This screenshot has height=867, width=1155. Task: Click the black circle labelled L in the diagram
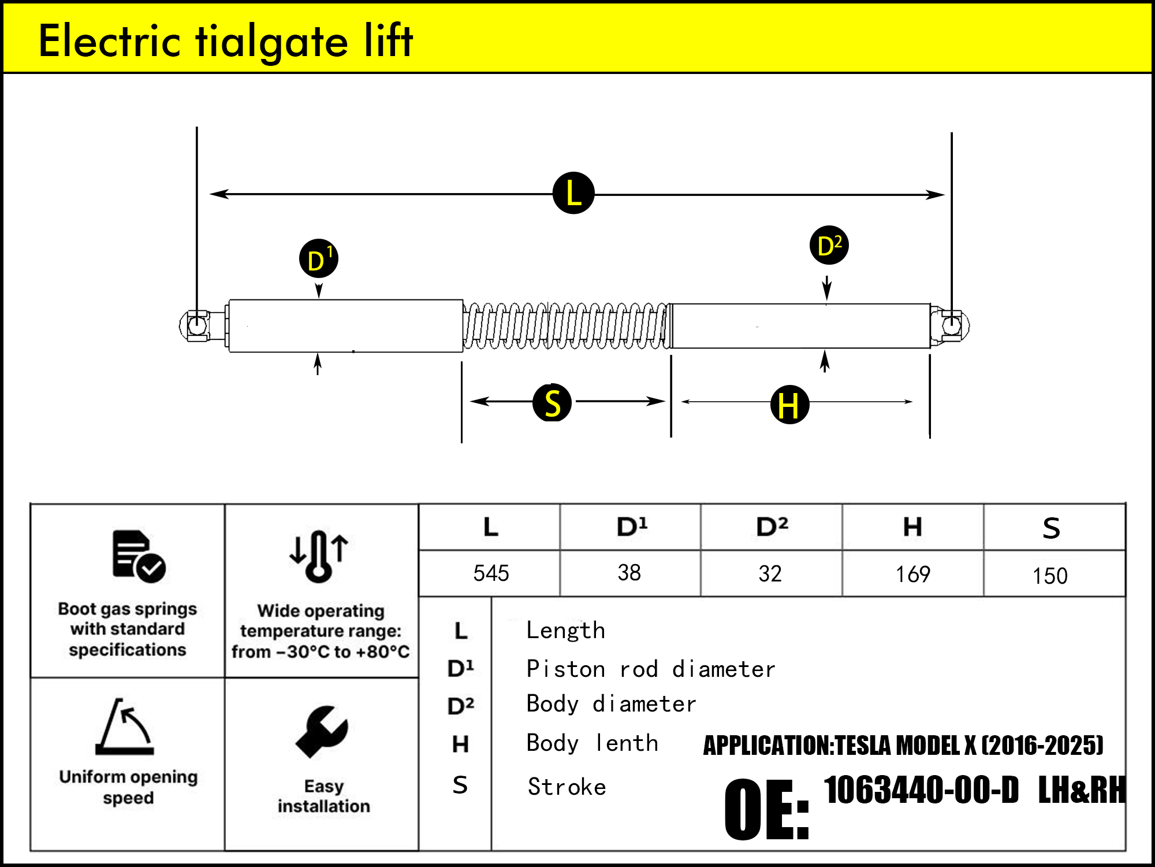click(573, 193)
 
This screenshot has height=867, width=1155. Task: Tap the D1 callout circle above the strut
click(319, 258)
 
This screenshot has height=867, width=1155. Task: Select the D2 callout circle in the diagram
click(829, 245)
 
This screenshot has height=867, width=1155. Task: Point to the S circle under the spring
click(552, 403)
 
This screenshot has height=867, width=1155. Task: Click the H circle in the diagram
click(789, 405)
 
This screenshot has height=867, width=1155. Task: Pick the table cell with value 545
click(491, 573)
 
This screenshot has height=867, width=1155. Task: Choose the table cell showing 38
click(629, 573)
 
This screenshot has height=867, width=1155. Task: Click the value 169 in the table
click(912, 574)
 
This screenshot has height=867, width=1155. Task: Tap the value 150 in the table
click(1050, 576)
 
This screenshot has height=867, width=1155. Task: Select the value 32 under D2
click(770, 573)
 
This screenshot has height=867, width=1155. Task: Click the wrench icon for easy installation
click(322, 731)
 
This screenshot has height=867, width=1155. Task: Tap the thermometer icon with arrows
click(319, 555)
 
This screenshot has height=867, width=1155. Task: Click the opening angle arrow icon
click(125, 727)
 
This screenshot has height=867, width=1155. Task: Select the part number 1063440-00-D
click(921, 790)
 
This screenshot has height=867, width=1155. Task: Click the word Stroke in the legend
click(567, 787)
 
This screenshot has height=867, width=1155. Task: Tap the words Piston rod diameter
click(650, 669)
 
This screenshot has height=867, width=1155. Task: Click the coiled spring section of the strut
click(566, 326)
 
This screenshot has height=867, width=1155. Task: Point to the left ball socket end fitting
click(197, 325)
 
